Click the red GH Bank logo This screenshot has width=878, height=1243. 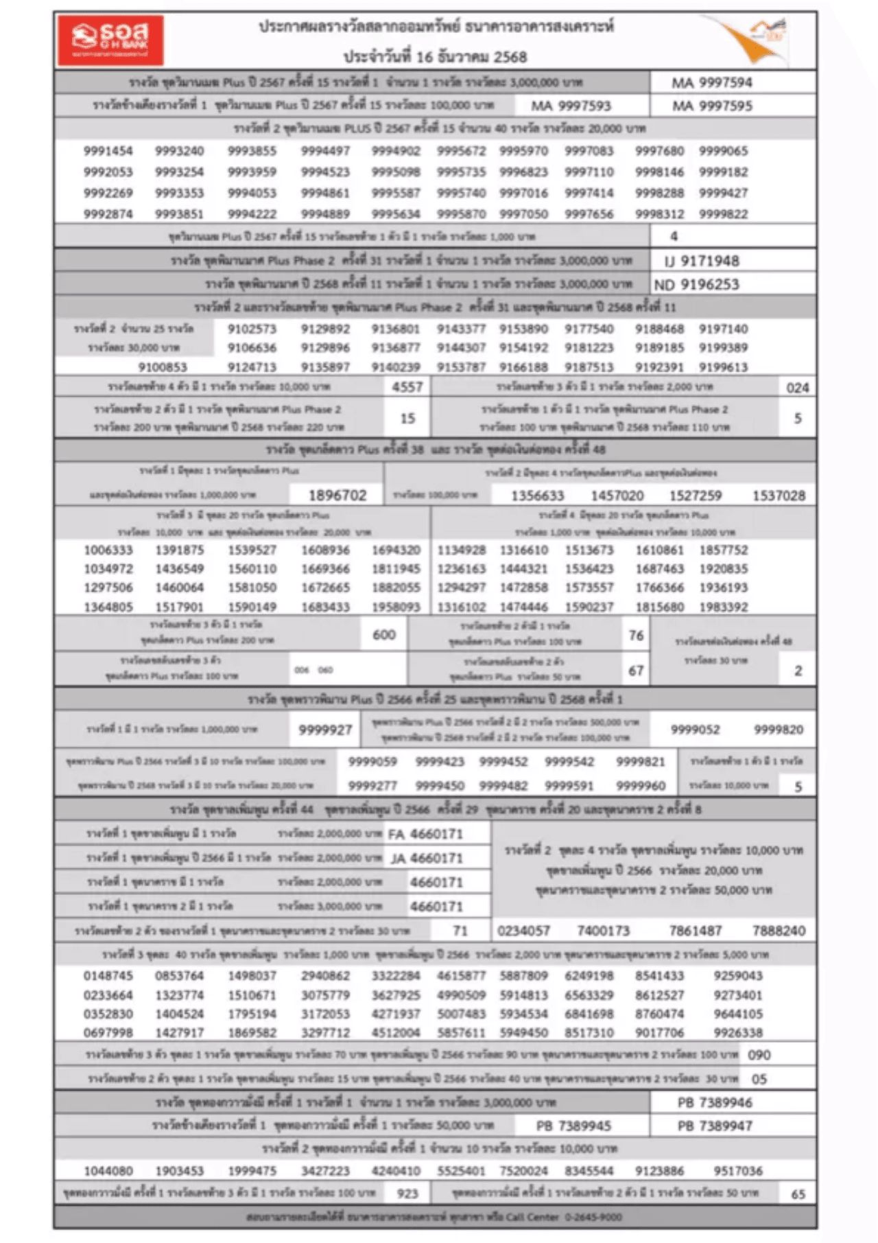pyautogui.click(x=110, y=40)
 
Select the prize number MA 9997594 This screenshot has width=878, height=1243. pyautogui.click(x=711, y=83)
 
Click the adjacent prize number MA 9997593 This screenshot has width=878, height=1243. pyautogui.click(x=571, y=106)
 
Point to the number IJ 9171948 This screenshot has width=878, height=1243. pyautogui.click(x=702, y=261)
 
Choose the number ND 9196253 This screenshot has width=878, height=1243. pyautogui.click(x=696, y=284)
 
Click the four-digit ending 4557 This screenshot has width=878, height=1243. pyautogui.click(x=407, y=387)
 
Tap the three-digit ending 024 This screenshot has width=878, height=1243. pyautogui.click(x=797, y=388)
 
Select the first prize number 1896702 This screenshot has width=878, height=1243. pyautogui.click(x=337, y=495)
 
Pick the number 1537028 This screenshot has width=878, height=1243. pyautogui.click(x=779, y=496)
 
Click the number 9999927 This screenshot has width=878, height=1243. pyautogui.click(x=325, y=730)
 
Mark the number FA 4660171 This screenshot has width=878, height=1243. pyautogui.click(x=425, y=834)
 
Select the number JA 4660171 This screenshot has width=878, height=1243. pyautogui.click(x=427, y=858)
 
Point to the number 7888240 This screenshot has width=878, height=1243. pyautogui.click(x=779, y=931)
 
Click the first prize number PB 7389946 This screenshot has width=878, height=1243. pyautogui.click(x=715, y=1102)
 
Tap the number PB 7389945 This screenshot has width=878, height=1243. pyautogui.click(x=573, y=1126)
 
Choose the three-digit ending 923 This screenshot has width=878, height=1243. pyautogui.click(x=407, y=1193)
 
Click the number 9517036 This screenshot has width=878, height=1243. pyautogui.click(x=737, y=1171)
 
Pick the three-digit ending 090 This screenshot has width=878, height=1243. pyautogui.click(x=759, y=1055)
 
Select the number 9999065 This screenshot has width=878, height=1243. pyautogui.click(x=723, y=151)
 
